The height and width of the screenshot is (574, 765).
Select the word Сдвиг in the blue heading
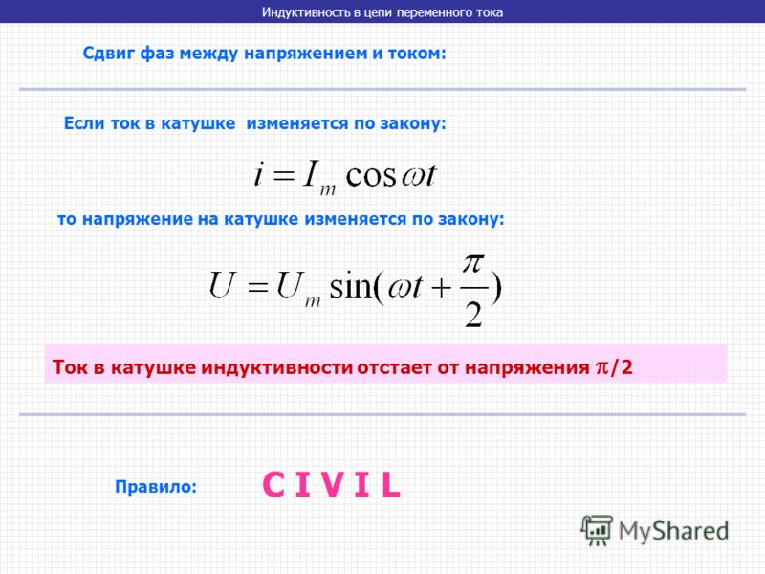coord(109,54)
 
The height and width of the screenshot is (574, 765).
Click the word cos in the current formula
coord(371,175)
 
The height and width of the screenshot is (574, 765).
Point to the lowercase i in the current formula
coord(258,173)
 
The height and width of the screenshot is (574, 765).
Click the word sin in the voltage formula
coord(351,286)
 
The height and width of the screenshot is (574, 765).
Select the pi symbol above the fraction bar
coord(473,264)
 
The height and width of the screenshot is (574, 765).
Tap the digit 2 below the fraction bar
coord(472,314)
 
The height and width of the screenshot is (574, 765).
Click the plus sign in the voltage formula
coord(442,288)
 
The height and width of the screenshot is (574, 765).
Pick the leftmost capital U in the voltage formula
coord(222,284)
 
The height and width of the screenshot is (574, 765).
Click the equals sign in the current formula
coord(284,176)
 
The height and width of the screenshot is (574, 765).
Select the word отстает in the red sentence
coord(395,367)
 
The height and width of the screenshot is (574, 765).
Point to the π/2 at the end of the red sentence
coord(614,366)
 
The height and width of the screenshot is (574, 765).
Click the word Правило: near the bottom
coord(156,487)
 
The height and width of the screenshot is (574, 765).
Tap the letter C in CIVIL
coord(273,484)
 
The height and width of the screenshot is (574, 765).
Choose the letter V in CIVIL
coord(333,484)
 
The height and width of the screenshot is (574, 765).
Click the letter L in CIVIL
coord(391,485)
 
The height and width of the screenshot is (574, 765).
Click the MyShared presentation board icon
coord(597,530)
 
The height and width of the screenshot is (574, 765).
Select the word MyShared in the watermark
coord(673,531)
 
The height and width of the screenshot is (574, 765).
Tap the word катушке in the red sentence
coord(153,367)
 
